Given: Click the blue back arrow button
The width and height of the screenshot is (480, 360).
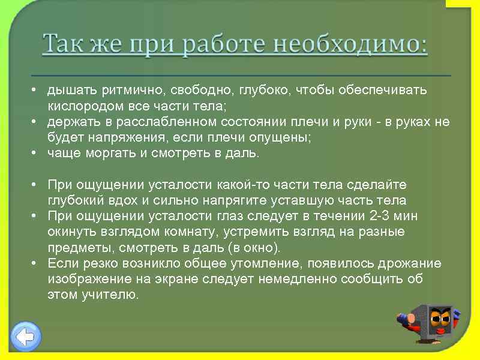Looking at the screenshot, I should (x=26, y=336).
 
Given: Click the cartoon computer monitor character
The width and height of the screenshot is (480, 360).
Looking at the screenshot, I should (x=433, y=324).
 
